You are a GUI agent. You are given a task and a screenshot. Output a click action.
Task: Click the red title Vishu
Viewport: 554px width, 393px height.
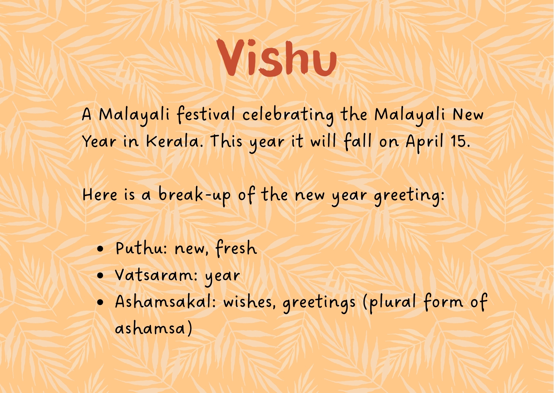[x=277, y=58]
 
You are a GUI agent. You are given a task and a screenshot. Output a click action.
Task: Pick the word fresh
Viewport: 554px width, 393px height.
[x=236, y=248]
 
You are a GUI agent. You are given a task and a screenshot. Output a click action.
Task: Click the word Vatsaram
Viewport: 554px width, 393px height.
[x=153, y=275]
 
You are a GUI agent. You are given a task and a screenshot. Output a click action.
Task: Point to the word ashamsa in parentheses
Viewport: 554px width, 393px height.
[x=150, y=328]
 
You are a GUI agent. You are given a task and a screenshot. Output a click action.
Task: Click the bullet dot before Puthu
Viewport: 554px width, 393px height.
[x=100, y=249]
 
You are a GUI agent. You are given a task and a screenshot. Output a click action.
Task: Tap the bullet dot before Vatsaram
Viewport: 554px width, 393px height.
[x=100, y=276]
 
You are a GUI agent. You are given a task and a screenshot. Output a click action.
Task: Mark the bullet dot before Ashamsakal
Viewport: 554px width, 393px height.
[x=100, y=302]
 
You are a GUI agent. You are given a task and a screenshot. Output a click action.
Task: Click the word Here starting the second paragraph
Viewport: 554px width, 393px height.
[x=100, y=195]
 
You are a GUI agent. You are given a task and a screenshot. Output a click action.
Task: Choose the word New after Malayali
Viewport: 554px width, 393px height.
[x=468, y=114]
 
